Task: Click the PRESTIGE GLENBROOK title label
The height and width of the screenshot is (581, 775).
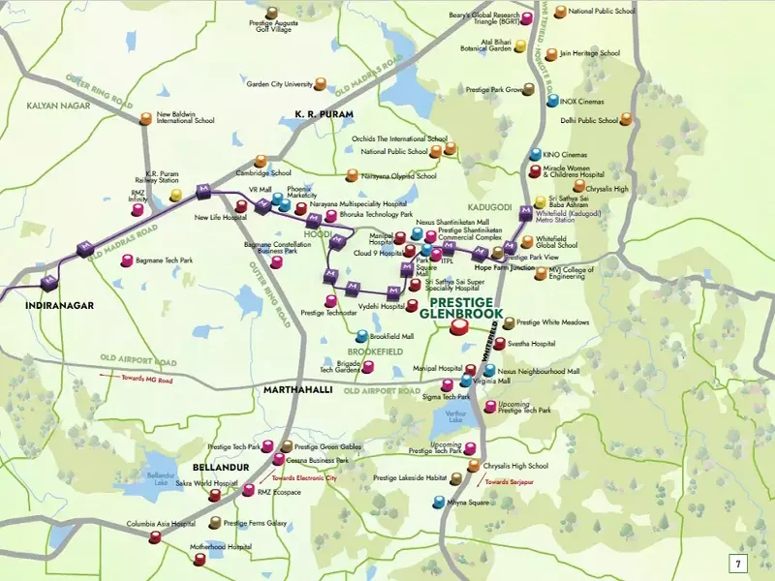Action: (x=464, y=307)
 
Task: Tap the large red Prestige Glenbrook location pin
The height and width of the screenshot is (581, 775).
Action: (x=461, y=328)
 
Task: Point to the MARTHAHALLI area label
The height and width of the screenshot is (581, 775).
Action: (x=297, y=389)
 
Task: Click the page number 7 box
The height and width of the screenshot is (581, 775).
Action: (x=737, y=563)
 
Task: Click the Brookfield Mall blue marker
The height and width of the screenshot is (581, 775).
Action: (x=361, y=335)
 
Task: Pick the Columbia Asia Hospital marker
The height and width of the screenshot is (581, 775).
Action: (x=155, y=535)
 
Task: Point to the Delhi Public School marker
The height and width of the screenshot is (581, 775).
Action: (x=625, y=121)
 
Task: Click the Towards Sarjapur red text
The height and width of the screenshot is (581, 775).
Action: (x=509, y=481)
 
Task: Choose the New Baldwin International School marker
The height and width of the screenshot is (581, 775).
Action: (x=146, y=118)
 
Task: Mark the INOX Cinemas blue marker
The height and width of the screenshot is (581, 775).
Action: (x=552, y=100)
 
